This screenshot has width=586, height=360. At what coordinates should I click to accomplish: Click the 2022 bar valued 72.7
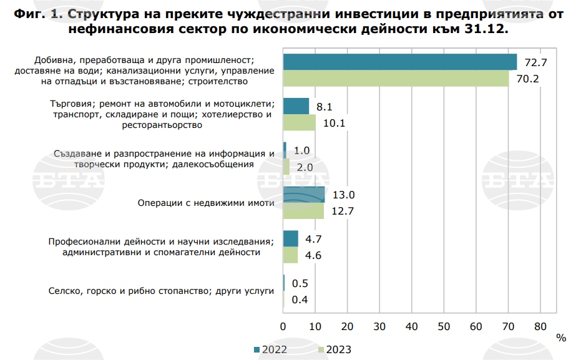(400, 62)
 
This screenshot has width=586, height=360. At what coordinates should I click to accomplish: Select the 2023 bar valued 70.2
(396, 79)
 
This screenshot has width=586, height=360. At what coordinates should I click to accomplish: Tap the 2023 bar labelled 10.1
(300, 123)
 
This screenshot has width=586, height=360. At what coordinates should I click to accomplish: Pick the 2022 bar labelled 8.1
(296, 107)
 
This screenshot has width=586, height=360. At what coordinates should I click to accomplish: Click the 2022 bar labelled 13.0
(304, 195)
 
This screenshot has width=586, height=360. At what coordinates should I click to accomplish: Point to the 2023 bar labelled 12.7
(304, 211)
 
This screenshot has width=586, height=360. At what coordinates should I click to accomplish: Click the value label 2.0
(305, 167)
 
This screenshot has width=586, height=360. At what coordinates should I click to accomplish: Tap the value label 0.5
(300, 284)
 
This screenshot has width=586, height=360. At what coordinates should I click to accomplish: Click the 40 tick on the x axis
(412, 326)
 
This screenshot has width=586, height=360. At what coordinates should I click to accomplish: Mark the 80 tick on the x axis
(540, 326)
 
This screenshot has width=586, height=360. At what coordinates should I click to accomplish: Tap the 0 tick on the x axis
(283, 326)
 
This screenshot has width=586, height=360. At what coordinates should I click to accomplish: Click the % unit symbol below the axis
(561, 338)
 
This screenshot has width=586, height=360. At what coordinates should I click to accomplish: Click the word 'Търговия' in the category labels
(71, 104)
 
